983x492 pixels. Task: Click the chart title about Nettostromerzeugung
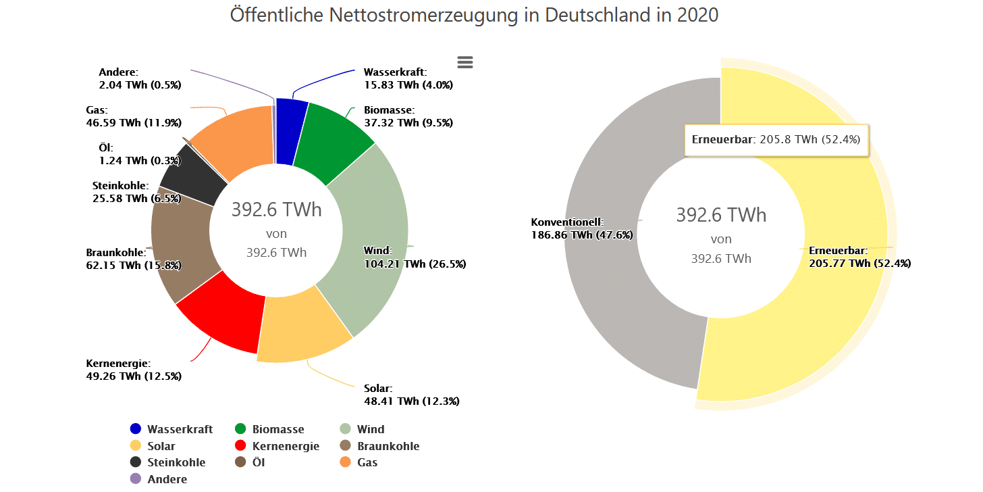point(474,15)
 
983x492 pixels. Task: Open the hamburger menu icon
point(465,62)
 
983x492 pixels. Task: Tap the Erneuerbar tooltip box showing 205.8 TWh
point(776,140)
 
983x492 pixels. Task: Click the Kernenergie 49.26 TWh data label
point(134,370)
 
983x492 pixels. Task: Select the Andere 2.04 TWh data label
point(140,78)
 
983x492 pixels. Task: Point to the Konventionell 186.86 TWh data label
point(582,228)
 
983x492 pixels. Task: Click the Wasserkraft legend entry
point(171,429)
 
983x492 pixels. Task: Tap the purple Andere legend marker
point(136,479)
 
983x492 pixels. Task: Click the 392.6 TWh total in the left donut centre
point(277,210)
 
